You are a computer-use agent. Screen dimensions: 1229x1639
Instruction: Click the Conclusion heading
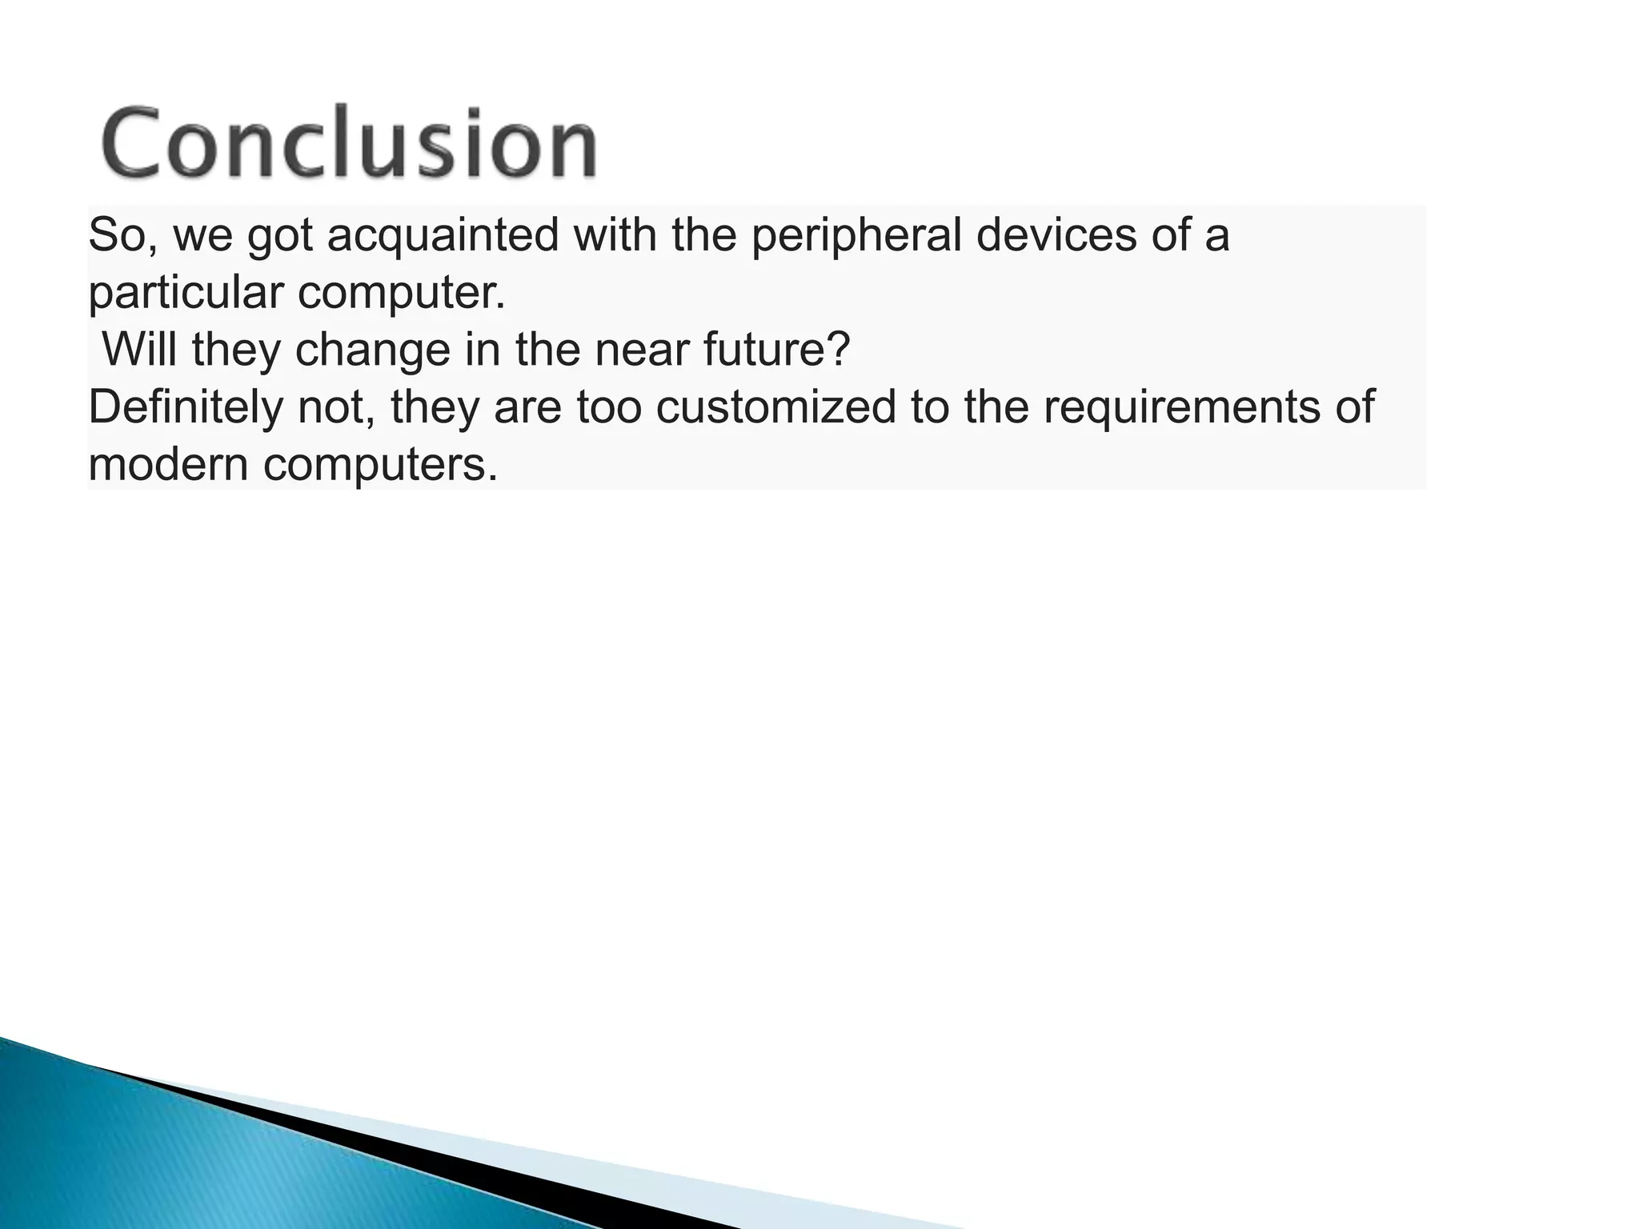click(x=349, y=142)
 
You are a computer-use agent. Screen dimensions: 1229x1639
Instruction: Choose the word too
click(x=609, y=406)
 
